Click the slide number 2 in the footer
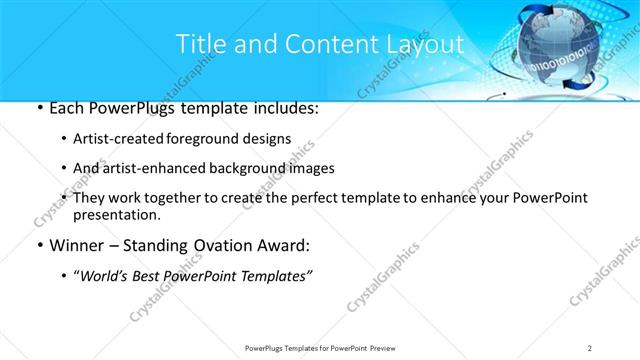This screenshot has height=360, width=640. [x=591, y=347]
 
